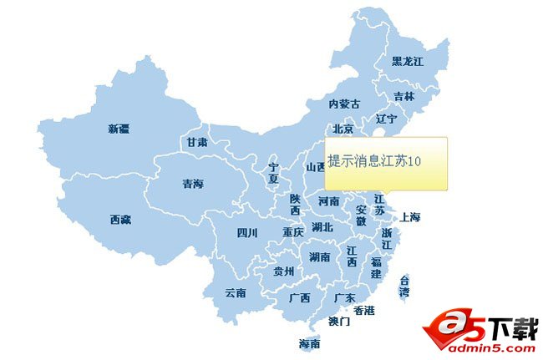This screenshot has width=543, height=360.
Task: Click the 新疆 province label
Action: click(x=119, y=129)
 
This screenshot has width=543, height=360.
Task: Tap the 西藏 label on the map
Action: click(x=120, y=220)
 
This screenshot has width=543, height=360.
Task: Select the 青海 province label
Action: click(x=193, y=184)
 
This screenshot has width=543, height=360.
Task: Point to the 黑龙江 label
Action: click(x=408, y=62)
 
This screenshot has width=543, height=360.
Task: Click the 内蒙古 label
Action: click(x=344, y=104)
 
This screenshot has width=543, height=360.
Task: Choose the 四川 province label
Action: click(x=247, y=232)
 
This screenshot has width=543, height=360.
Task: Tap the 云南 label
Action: click(x=236, y=293)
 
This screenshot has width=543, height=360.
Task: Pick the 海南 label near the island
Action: click(x=309, y=343)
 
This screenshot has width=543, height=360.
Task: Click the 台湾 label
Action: click(x=404, y=286)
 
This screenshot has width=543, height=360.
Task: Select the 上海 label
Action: click(x=410, y=217)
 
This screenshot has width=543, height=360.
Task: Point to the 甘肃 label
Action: click(x=197, y=143)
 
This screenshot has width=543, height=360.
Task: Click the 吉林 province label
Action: click(x=403, y=97)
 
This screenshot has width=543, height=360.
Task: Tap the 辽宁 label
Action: click(x=386, y=119)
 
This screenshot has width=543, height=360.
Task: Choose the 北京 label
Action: click(x=343, y=129)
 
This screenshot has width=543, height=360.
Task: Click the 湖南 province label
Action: click(x=319, y=256)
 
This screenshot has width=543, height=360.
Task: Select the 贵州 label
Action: click(x=284, y=271)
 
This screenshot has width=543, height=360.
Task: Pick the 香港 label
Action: click(x=364, y=311)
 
